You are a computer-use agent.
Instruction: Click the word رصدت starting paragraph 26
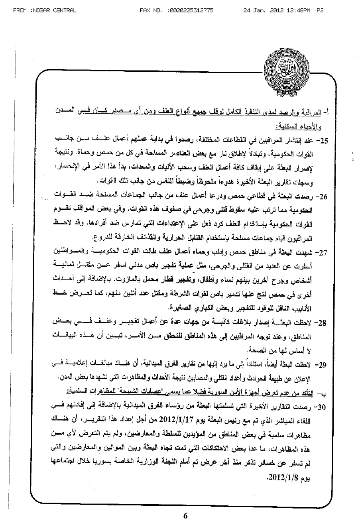pyautogui.click(x=309, y=197)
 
